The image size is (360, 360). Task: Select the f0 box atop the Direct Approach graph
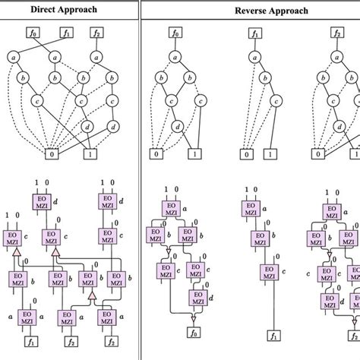point(32,33)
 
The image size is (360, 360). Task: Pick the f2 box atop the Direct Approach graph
point(96,33)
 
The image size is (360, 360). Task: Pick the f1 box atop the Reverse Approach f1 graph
point(254,33)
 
